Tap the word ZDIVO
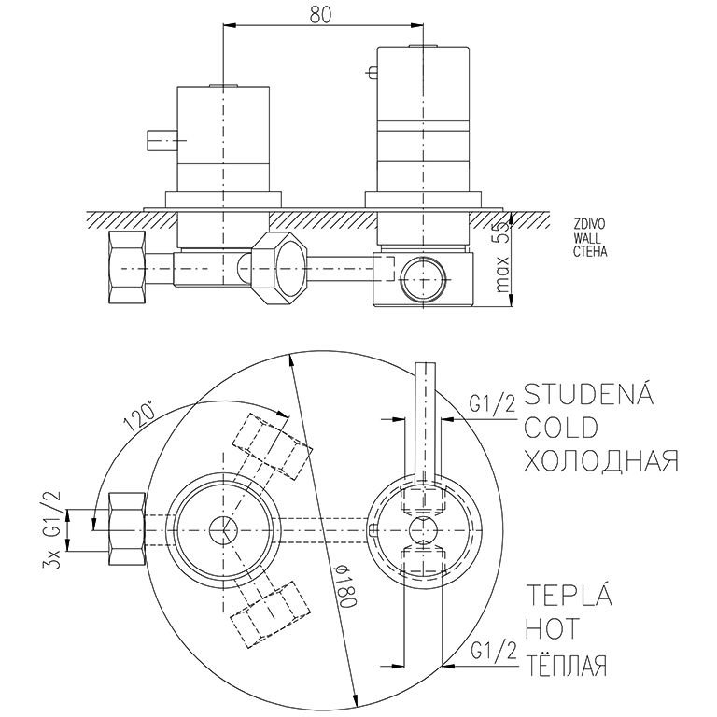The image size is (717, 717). point(591,225)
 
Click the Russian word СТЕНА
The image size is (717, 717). point(592,251)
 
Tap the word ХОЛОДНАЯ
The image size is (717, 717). point(600,460)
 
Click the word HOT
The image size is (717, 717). point(554,630)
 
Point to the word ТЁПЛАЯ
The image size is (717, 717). point(568,665)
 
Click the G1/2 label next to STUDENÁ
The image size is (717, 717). point(491,402)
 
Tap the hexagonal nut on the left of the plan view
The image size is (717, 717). point(126,529)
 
